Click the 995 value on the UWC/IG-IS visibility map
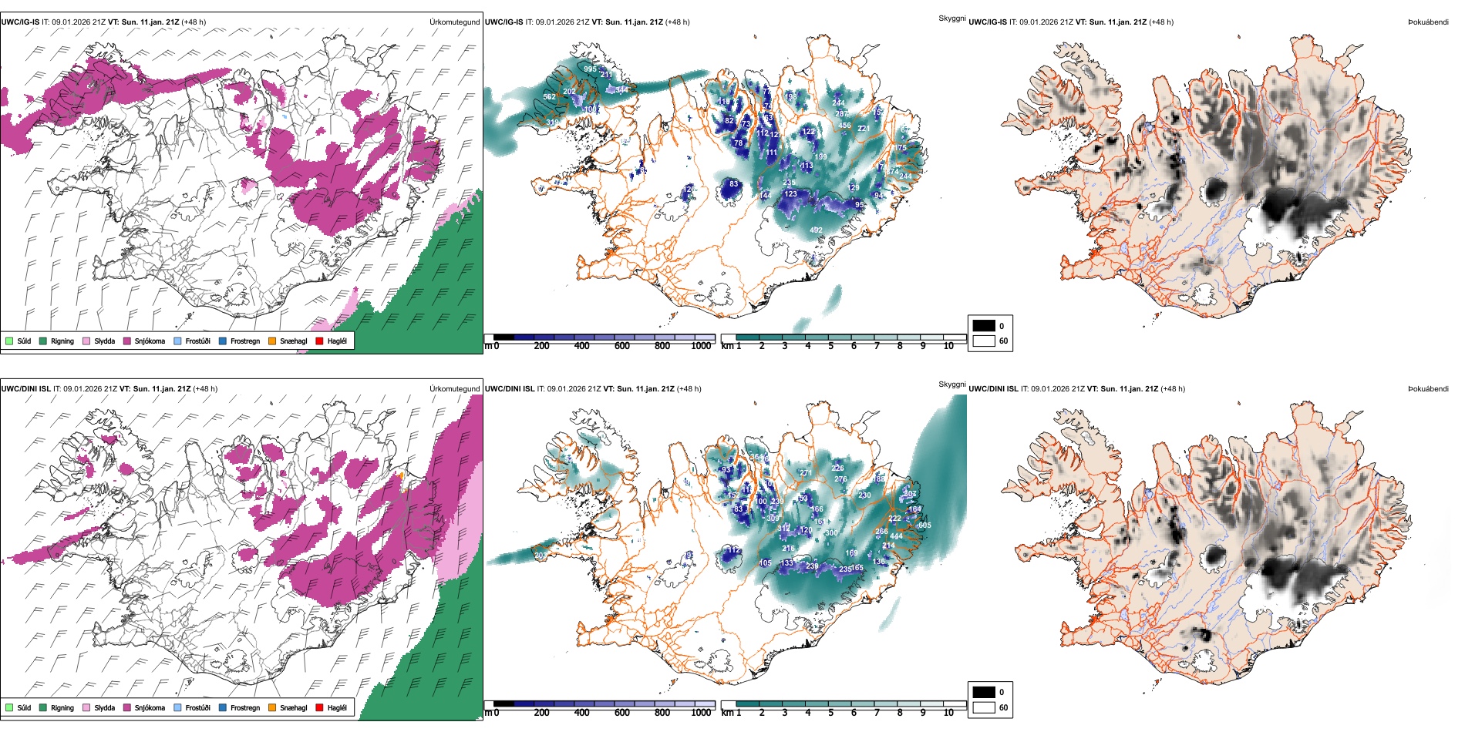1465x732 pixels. point(590,69)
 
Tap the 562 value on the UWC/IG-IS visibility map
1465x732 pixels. point(549,97)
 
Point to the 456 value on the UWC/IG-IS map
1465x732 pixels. point(844,126)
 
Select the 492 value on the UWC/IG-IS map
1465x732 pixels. point(816,230)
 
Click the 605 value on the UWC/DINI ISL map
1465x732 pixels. point(924,525)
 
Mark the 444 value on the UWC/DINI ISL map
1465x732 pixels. point(896,536)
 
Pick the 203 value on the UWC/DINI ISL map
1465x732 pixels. point(540,556)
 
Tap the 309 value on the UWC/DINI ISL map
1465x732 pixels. point(773,519)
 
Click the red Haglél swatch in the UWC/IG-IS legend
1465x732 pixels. point(319,341)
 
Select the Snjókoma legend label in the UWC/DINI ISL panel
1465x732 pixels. point(150,708)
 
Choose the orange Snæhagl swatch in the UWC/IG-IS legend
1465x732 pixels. point(272,341)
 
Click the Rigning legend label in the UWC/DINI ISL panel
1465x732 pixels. point(62,708)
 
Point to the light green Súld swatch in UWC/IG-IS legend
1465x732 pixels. point(9,341)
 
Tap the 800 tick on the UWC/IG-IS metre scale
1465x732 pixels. point(662,346)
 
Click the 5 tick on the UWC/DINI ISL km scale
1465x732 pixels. point(830,713)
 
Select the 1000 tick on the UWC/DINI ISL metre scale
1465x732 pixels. point(701,713)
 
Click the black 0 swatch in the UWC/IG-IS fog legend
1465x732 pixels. point(984,326)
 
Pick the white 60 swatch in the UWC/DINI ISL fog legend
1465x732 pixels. point(984,707)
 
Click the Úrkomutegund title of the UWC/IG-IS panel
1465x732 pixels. point(454,22)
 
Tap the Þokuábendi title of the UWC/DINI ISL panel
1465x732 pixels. point(1428,389)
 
